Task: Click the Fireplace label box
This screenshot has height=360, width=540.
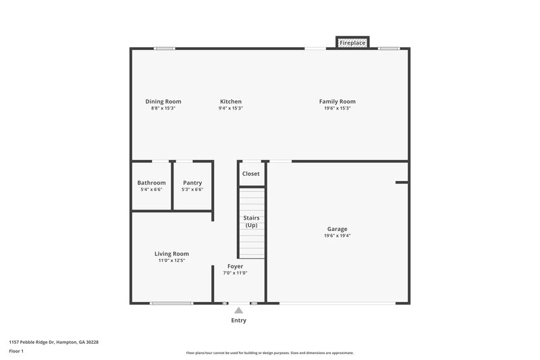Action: click(x=352, y=43)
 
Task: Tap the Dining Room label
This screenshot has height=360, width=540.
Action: click(x=163, y=101)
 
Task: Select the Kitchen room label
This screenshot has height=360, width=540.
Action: click(x=230, y=101)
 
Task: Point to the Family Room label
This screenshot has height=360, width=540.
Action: click(x=337, y=101)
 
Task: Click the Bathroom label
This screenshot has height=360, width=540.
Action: click(x=151, y=182)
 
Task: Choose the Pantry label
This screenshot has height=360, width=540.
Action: click(x=192, y=182)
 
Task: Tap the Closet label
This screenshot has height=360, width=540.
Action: click(x=251, y=174)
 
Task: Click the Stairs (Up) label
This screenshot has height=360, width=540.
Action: click(x=251, y=221)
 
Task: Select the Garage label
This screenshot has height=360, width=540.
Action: click(x=337, y=229)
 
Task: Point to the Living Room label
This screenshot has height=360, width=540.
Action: click(x=171, y=253)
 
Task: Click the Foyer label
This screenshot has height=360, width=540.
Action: click(x=235, y=266)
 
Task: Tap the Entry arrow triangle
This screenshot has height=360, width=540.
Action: click(x=238, y=311)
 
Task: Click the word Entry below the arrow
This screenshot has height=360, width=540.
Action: click(x=238, y=320)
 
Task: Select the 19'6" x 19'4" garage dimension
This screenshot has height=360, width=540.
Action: click(x=337, y=236)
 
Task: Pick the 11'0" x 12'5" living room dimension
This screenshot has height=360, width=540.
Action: click(x=171, y=260)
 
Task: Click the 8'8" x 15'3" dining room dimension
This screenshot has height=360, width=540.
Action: click(x=163, y=108)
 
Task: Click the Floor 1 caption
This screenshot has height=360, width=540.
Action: click(x=16, y=352)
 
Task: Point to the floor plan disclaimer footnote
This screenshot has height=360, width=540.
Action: click(x=270, y=353)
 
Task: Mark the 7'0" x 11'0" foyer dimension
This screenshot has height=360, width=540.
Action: click(x=235, y=273)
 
